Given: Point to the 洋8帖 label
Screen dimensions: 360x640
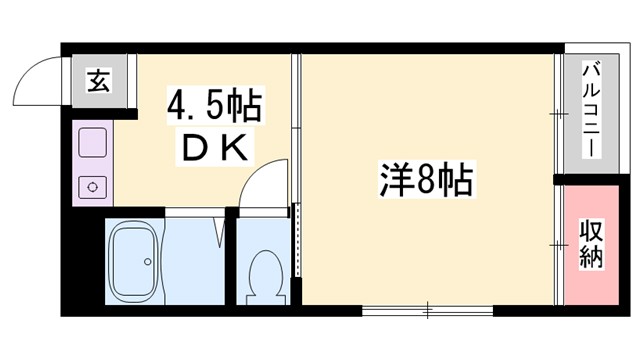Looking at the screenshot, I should [426, 183].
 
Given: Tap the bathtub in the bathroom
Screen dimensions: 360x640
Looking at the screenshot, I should [133, 263].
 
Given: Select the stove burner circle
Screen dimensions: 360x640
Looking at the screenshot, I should [93, 185].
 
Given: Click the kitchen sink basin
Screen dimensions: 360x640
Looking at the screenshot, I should [93, 140].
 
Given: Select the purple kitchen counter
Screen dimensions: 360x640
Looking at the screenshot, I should [93, 163].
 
